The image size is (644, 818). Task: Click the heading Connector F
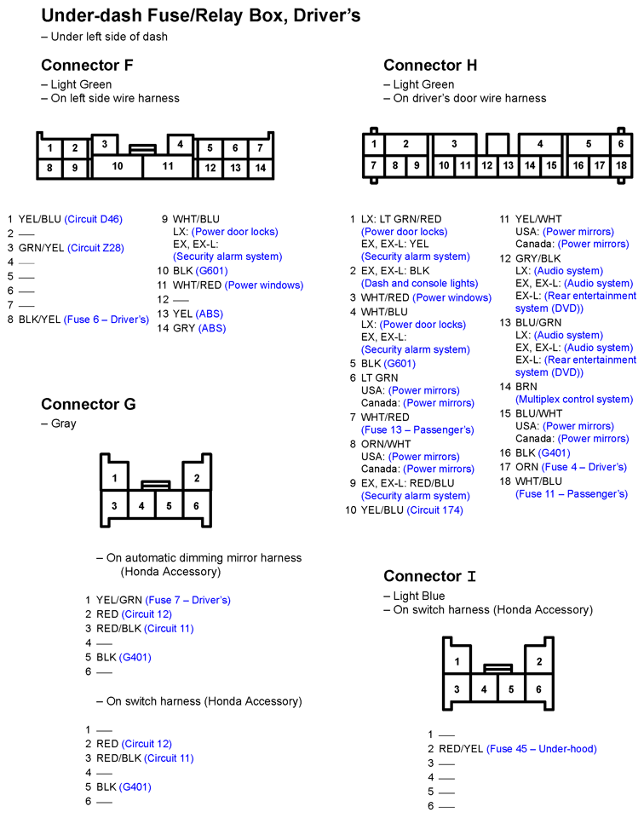coord(87,66)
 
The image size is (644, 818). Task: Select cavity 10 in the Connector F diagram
coord(117,166)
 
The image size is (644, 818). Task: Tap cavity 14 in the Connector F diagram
coord(261,168)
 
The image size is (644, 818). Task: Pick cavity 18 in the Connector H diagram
coord(621,165)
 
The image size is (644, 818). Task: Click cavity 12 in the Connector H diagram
coord(486,165)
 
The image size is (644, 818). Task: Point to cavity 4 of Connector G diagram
coord(141,505)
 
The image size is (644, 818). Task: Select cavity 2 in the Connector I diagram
coord(538,661)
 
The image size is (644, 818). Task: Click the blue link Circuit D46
coord(94,219)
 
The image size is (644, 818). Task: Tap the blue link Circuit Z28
coord(95,248)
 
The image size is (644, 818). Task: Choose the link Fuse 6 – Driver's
coord(106,320)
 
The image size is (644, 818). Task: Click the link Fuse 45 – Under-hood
coord(542,749)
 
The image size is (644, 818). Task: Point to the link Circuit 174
coord(434,510)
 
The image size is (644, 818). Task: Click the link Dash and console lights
coord(419,283)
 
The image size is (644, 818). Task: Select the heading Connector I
coord(429,576)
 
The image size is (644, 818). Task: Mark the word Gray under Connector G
coord(63,423)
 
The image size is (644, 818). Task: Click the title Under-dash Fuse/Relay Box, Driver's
coord(201,15)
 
